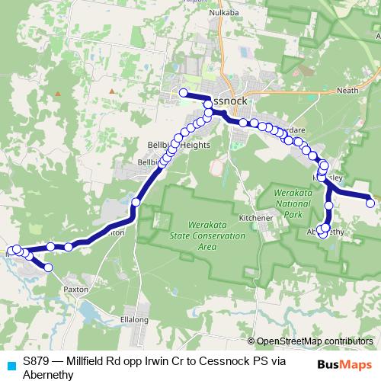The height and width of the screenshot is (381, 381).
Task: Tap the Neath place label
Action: coord(347,90)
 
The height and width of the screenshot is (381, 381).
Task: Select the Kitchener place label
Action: coord(255,218)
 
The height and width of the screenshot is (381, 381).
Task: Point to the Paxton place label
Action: coord(76,290)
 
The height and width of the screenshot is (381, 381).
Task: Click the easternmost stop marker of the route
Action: coord(370,203)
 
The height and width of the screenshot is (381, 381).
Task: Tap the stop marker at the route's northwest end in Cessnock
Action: coord(183,93)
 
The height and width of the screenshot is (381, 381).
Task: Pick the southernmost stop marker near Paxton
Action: coord(49,267)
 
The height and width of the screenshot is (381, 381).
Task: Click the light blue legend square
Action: coord(10,363)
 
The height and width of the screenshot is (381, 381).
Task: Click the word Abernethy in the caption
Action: coord(49,375)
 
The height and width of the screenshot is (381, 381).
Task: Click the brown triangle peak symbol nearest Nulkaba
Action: coord(112,91)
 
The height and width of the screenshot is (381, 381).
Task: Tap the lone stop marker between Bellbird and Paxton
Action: coord(136,202)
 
